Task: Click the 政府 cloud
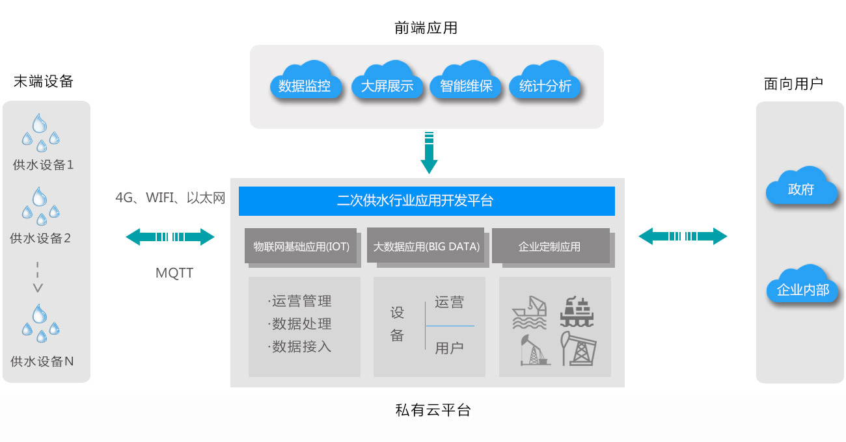point(800,188)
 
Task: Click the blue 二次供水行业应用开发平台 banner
point(427,201)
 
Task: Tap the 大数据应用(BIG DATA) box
point(426,246)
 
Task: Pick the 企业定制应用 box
point(550,246)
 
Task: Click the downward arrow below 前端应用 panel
point(428,153)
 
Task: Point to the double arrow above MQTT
point(170,237)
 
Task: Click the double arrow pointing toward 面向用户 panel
point(683,236)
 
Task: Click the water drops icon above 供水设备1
point(40,133)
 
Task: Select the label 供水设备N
point(42,361)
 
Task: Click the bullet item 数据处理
point(301,324)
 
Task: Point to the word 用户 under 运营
point(449,348)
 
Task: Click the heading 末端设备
point(43,81)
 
